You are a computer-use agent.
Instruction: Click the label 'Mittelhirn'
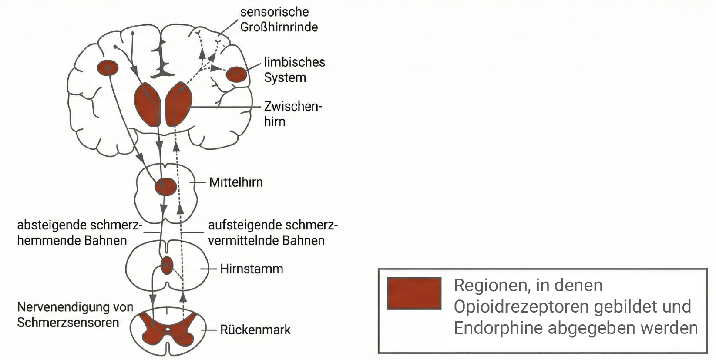coord(235,182)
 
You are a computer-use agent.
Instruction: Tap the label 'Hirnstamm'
coord(251,269)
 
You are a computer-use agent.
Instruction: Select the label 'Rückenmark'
coord(255,330)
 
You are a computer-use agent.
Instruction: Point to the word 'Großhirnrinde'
coord(279,27)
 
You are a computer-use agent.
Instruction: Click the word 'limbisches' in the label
coord(294,62)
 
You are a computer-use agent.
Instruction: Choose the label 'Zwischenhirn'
coord(292,114)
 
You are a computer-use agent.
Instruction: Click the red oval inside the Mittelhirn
coord(165,187)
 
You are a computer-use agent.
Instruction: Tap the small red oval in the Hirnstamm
coord(167,265)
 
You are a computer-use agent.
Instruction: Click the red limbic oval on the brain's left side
coord(107,68)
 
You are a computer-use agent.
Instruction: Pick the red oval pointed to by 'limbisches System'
coord(237,74)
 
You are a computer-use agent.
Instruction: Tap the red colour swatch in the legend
coord(414,293)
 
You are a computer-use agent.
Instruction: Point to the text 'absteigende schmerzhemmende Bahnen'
coord(79,233)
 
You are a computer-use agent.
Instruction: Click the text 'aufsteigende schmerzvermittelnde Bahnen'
coord(272,233)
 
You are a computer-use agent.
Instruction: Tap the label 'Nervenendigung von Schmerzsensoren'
coord(75,315)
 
